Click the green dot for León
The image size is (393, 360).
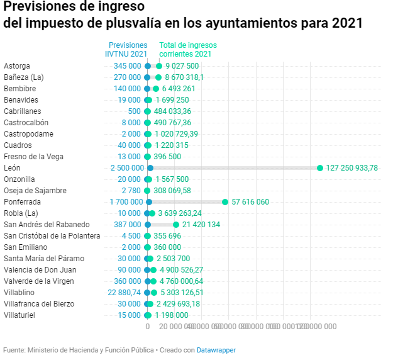pos(320,168)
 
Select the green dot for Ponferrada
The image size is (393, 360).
pos(225,202)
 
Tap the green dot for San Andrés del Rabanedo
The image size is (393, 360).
pos(176,225)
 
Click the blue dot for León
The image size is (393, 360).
pos(150,168)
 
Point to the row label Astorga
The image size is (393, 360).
pos(17,66)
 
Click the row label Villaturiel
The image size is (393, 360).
pos(19,315)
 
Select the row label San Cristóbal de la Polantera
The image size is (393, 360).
pos(52,236)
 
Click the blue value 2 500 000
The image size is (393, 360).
pos(126,168)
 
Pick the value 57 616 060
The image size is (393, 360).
pos(250,202)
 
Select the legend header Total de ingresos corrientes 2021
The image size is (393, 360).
pos(187,50)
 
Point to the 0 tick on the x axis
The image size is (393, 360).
pos(147,327)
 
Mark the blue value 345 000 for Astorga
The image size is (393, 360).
pos(128,66)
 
